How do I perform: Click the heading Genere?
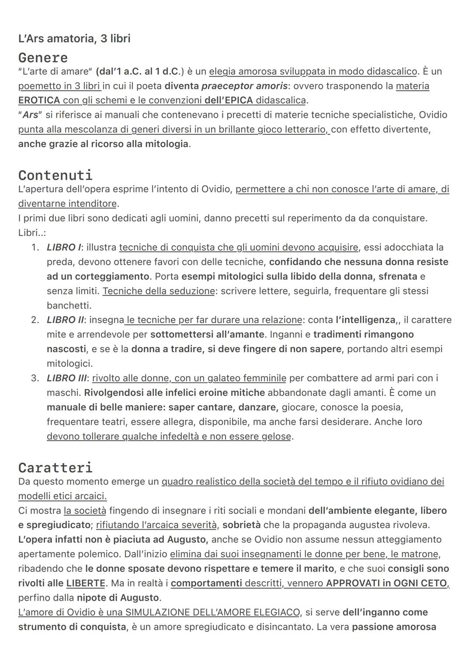pos(43,58)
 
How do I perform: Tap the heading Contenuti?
pos(56,175)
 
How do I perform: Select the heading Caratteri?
pos(56,467)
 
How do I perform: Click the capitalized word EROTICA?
pos(39,100)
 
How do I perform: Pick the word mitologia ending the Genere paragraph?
pos(167,144)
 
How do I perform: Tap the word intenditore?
pos(92,204)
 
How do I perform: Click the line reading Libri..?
pos(32,233)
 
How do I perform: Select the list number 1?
pos(35,248)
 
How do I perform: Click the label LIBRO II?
pos(66,320)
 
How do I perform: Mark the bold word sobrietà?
pos(241,525)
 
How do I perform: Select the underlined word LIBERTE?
pos(86,584)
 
